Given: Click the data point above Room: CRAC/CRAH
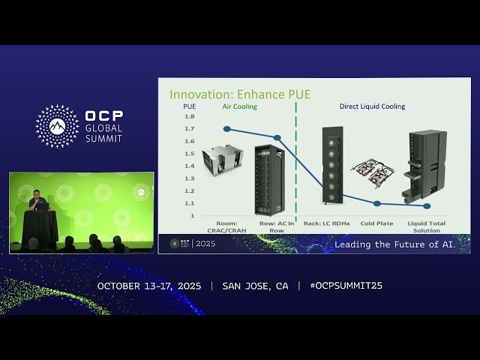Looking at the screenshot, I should point(227,129).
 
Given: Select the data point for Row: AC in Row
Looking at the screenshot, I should point(277,138).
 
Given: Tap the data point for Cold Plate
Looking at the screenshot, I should point(377,203).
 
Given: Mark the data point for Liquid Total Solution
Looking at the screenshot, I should point(427,205).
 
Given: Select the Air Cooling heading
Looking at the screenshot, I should point(239,106).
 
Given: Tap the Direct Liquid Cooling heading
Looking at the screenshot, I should point(373,106).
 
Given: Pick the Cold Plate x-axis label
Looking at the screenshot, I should point(377,223).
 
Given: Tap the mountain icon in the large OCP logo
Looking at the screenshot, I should point(57,125).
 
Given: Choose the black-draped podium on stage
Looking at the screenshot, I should point(40,226).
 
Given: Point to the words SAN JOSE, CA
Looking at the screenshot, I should point(255,286).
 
